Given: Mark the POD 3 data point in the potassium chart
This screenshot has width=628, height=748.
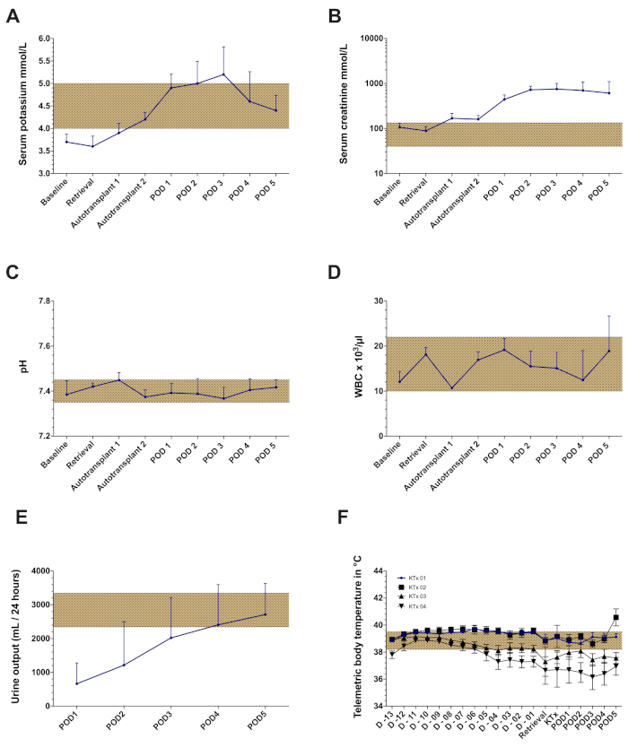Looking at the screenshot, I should [x=223, y=74].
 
